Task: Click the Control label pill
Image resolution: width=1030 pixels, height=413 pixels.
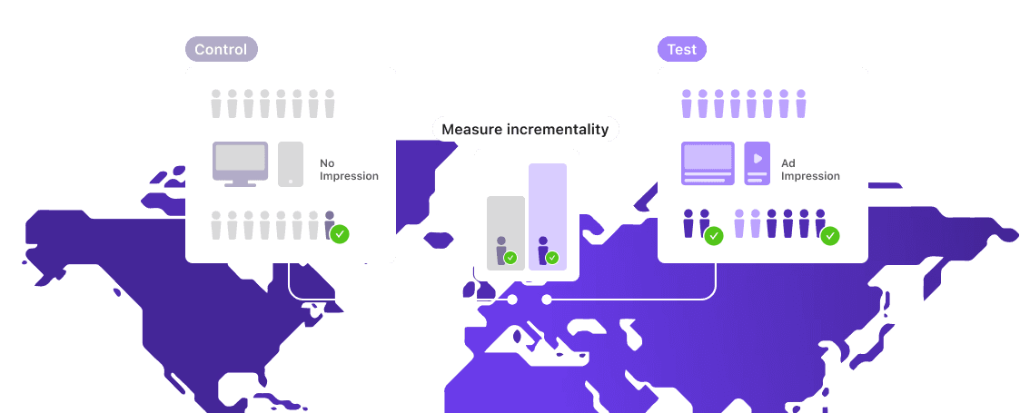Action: pos(222,49)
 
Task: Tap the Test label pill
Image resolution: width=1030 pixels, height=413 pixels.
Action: pos(682,49)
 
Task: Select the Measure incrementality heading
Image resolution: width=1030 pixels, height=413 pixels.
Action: pos(525,130)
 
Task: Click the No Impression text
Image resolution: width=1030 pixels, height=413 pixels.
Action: pos(349,170)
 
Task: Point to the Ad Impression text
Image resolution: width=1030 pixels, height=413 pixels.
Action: pos(810,170)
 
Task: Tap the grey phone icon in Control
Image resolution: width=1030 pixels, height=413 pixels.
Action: pos(291,164)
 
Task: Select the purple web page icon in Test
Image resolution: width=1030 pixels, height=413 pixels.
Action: pos(708,163)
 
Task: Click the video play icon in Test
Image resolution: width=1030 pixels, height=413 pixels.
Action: pos(757,163)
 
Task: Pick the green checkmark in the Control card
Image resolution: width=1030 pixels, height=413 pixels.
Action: pos(340,234)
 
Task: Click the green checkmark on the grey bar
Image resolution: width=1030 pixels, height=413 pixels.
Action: pos(510,258)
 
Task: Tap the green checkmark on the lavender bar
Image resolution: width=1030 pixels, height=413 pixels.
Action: pos(552,258)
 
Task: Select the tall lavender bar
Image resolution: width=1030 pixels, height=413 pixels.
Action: pos(548,217)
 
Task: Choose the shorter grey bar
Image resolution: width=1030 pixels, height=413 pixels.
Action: pos(506,233)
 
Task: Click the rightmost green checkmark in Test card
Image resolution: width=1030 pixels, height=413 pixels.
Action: pos(829,235)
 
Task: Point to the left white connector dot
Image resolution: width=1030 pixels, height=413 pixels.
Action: pos(512,300)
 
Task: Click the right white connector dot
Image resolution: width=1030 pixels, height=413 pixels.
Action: pos(547,300)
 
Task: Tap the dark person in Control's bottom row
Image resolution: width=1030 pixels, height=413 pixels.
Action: pos(330,224)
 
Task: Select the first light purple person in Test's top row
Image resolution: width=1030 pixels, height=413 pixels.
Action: pos(687,103)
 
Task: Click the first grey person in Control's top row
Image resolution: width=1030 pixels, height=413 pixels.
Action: pos(216,103)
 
